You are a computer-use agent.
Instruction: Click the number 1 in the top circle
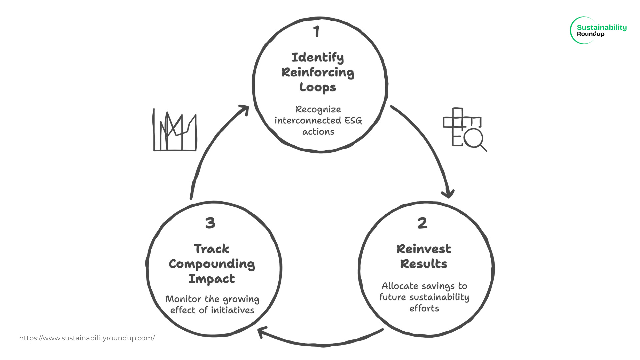(x=316, y=32)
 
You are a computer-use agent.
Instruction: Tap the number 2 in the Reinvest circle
(x=422, y=223)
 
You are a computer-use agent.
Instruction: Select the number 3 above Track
(x=210, y=223)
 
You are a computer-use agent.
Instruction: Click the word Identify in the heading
(x=317, y=57)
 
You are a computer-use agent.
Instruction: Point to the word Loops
(x=318, y=87)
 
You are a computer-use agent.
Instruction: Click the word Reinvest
(x=424, y=249)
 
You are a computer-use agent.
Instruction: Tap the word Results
(x=424, y=264)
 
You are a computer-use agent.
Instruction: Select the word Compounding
(x=212, y=264)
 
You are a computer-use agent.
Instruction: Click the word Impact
(x=212, y=279)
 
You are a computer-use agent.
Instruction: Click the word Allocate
(x=400, y=286)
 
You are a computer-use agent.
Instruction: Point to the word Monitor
(x=183, y=299)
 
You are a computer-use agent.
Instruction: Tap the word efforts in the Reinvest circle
(x=424, y=308)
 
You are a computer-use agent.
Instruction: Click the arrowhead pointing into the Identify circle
(x=245, y=110)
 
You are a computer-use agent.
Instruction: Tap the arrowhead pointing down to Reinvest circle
(x=448, y=193)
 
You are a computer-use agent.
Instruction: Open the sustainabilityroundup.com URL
(x=87, y=338)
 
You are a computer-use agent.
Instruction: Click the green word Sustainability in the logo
(x=602, y=27)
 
